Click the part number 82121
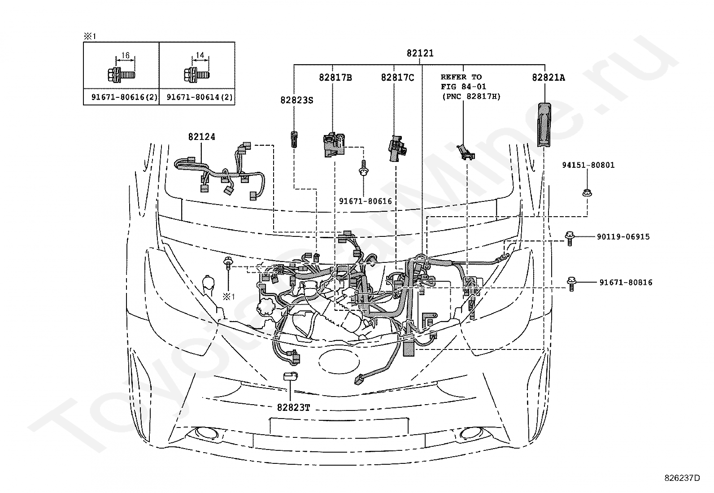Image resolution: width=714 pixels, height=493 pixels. tap(420, 53)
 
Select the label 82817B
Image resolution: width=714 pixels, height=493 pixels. tap(335, 78)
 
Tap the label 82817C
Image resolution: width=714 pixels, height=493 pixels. tap(397, 78)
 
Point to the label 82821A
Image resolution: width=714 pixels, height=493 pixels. tap(548, 78)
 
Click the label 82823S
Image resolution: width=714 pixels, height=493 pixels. tap(297, 100)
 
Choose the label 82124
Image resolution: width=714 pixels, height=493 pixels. tap(202, 137)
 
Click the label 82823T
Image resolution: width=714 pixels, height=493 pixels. tap(293, 407)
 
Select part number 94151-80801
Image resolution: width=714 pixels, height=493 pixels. tap(588, 165)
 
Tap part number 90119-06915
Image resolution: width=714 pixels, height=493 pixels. tap(623, 236)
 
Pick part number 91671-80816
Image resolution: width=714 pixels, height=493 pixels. tap(626, 283)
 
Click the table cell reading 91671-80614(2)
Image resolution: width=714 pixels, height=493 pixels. tap(197, 97)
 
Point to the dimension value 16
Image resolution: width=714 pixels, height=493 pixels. tap(125, 56)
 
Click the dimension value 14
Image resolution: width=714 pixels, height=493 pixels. tap(200, 55)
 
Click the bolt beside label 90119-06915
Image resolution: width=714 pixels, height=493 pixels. tap(570, 238)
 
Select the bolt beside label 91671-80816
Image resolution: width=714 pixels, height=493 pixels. tap(571, 284)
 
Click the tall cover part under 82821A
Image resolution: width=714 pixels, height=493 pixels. tap(544, 125)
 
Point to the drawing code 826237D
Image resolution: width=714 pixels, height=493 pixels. tap(682, 478)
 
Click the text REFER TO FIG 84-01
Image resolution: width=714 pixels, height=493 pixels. tap(463, 82)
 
